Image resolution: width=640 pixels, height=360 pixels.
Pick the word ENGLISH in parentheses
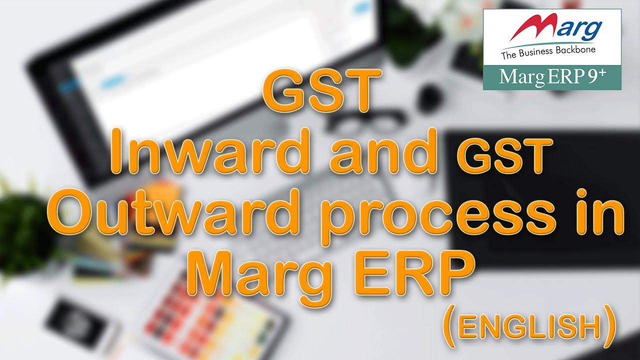529,327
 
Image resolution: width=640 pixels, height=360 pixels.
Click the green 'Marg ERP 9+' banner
552,77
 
